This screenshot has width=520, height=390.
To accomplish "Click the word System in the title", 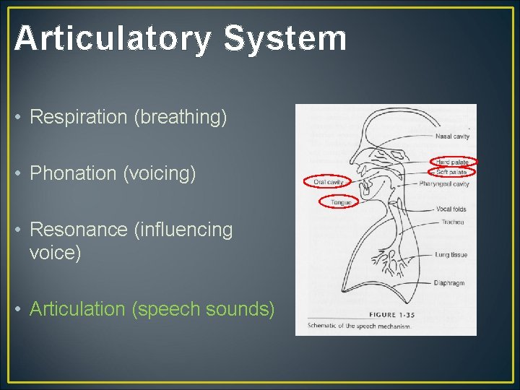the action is coord(285,38).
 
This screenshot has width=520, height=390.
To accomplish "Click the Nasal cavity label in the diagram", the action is coord(453,136).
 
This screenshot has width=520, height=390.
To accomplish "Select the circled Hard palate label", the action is coord(453,162).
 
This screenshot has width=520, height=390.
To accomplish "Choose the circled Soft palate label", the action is coord(452,173).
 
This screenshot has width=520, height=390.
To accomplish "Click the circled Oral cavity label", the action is coord(328,183).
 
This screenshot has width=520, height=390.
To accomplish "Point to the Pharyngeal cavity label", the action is coord(444,184).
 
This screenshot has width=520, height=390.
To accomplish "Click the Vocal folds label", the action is coord(451,209).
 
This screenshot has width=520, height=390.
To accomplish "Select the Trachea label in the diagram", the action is coord(453,222).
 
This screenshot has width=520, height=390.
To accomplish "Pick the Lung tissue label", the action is coord(451,254).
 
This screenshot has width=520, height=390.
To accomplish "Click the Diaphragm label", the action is coord(450,282).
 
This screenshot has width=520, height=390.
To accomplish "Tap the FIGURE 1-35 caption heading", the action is coord(393,316).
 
